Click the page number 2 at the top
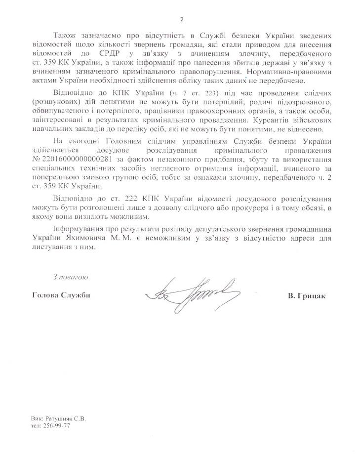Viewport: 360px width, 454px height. [181, 19]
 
